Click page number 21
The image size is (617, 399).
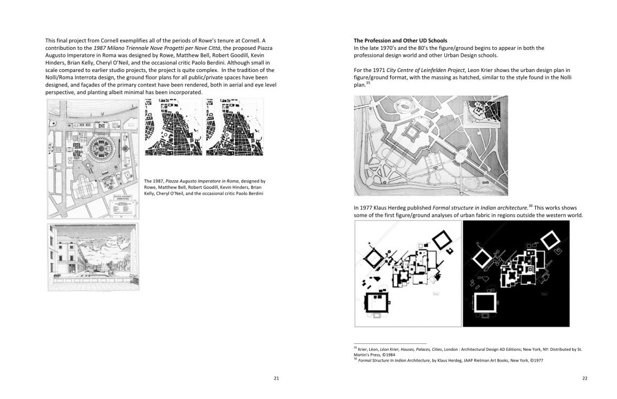pyautogui.click(x=275, y=378)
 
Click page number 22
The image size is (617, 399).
pyautogui.click(x=585, y=378)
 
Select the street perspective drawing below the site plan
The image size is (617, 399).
pyautogui.click(x=93, y=257)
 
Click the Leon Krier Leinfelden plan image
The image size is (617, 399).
pyautogui.click(x=430, y=146)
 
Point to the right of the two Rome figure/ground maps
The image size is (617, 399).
pyautogui.click(x=234, y=127)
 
